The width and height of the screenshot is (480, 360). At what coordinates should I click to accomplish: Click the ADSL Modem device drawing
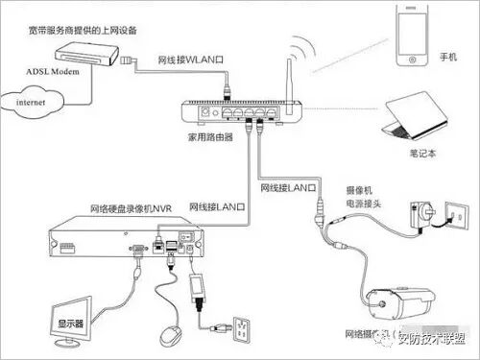tap(86, 55)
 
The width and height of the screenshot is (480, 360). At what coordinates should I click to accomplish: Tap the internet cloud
tap(32, 101)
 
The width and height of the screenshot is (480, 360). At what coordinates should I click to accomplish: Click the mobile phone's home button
tap(412, 60)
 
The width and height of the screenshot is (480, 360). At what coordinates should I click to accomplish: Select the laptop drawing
tap(416, 116)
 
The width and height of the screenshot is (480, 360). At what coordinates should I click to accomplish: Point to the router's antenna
tap(289, 85)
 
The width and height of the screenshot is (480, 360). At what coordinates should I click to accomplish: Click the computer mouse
tap(171, 336)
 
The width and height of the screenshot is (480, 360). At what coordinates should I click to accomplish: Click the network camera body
tap(400, 303)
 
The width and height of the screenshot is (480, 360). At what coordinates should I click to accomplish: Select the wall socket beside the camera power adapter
tap(457, 215)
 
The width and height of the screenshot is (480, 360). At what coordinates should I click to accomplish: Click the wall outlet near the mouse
tap(241, 330)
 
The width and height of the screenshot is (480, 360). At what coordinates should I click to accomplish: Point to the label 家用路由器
tap(210, 137)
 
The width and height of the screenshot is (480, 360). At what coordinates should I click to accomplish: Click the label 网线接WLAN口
tap(190, 60)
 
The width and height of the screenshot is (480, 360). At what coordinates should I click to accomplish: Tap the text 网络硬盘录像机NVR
tap(131, 208)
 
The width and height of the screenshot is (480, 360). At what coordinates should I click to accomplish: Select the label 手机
tap(448, 57)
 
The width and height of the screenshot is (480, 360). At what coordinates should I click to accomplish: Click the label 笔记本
tap(422, 154)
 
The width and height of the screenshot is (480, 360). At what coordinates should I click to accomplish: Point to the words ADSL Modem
tap(53, 71)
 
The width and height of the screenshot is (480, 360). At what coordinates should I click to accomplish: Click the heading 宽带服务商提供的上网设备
tap(83, 31)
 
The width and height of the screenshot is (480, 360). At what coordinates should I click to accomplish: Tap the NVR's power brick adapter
tap(197, 287)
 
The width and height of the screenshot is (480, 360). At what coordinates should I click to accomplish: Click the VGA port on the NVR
tap(138, 249)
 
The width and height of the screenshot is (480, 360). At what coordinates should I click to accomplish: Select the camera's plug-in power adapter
tap(420, 214)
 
